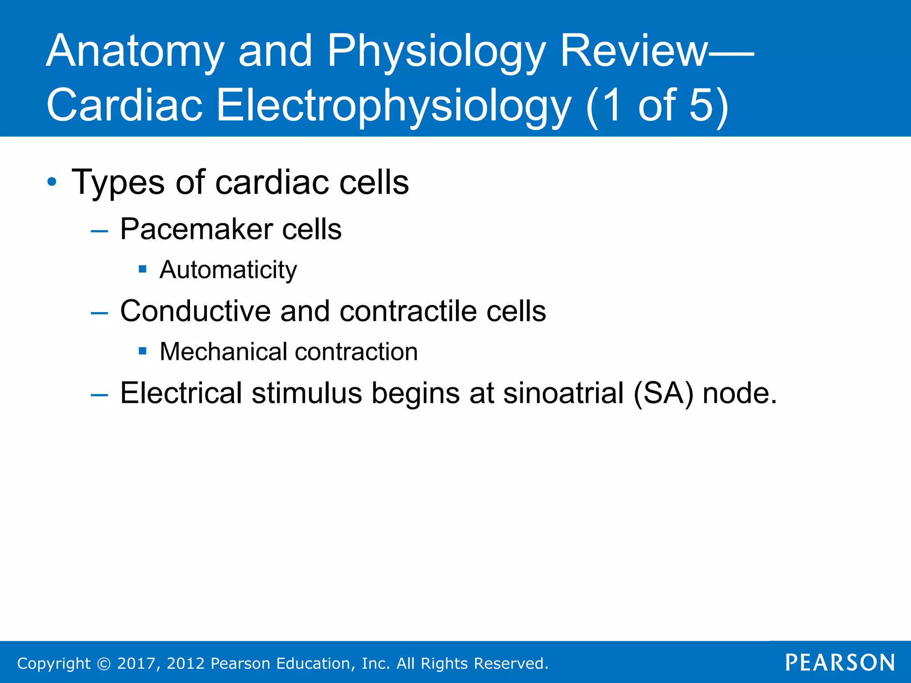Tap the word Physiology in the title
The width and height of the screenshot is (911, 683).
pos(436,52)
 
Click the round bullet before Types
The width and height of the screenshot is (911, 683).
pos(52,182)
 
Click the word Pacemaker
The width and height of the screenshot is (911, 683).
pos(196,229)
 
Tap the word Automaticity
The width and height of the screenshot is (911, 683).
pos(228,270)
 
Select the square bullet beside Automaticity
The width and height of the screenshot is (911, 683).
pos(142,269)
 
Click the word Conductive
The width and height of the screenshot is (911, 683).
pos(195,311)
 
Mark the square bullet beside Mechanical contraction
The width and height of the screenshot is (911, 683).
pos(142,351)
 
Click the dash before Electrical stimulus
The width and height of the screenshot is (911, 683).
pos(99,394)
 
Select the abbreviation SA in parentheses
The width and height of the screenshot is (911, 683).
pos(662,394)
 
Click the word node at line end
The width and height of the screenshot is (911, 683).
pos(739,394)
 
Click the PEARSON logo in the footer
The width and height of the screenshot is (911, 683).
pos(840,663)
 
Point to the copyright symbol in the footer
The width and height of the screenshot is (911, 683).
pos(104,663)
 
